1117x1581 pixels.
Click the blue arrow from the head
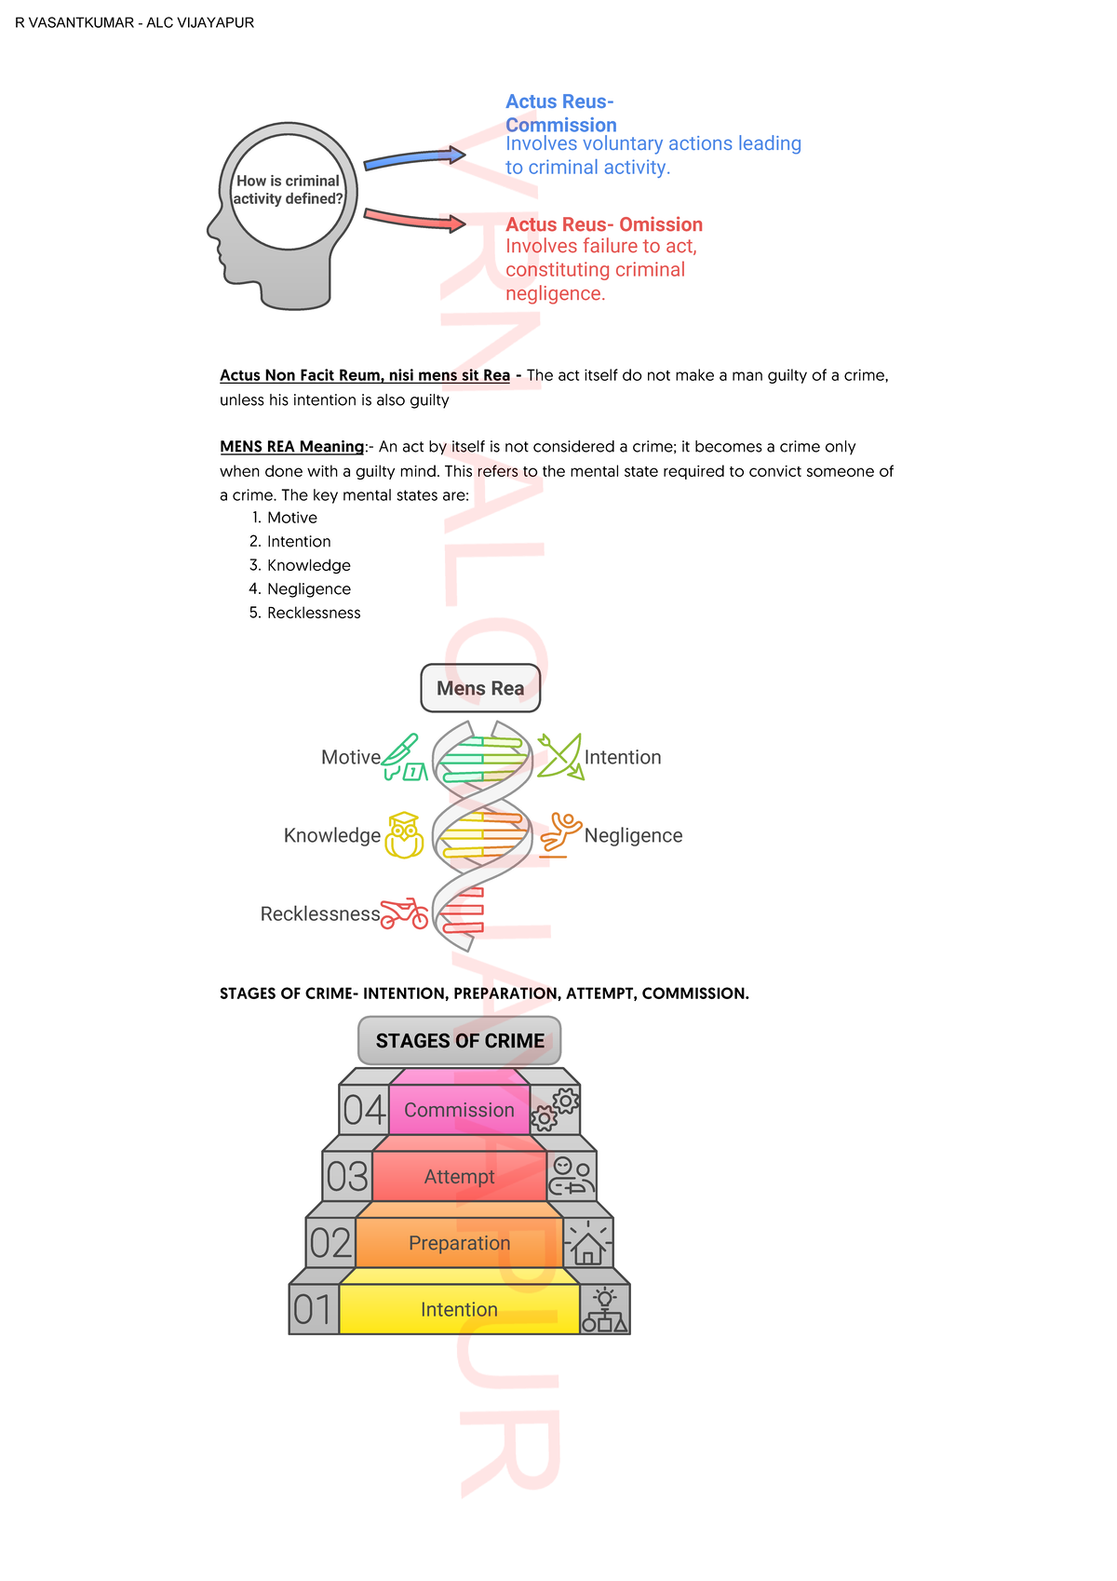point(414,159)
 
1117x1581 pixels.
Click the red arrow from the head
point(414,219)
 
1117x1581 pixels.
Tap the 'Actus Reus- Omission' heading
point(603,224)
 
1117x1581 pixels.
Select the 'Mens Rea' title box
point(480,688)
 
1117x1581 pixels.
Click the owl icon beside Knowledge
point(404,835)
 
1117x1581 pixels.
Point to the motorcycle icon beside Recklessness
point(405,913)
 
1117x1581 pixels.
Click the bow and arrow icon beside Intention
point(559,756)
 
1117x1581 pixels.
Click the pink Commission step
point(459,1109)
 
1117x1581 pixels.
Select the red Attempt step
point(459,1176)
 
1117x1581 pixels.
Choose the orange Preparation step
point(459,1243)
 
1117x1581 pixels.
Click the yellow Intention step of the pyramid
point(459,1309)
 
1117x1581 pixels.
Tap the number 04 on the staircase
point(364,1110)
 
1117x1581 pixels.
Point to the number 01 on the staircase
point(314,1310)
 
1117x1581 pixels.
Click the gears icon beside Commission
point(555,1109)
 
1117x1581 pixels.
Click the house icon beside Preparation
point(588,1244)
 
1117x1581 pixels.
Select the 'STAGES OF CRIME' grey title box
point(460,1040)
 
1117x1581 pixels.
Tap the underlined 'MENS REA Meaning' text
point(292,447)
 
